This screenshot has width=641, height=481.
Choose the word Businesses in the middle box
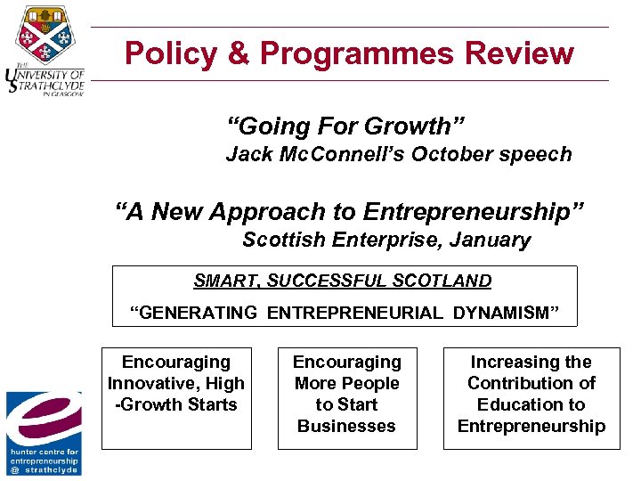[346, 426]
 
